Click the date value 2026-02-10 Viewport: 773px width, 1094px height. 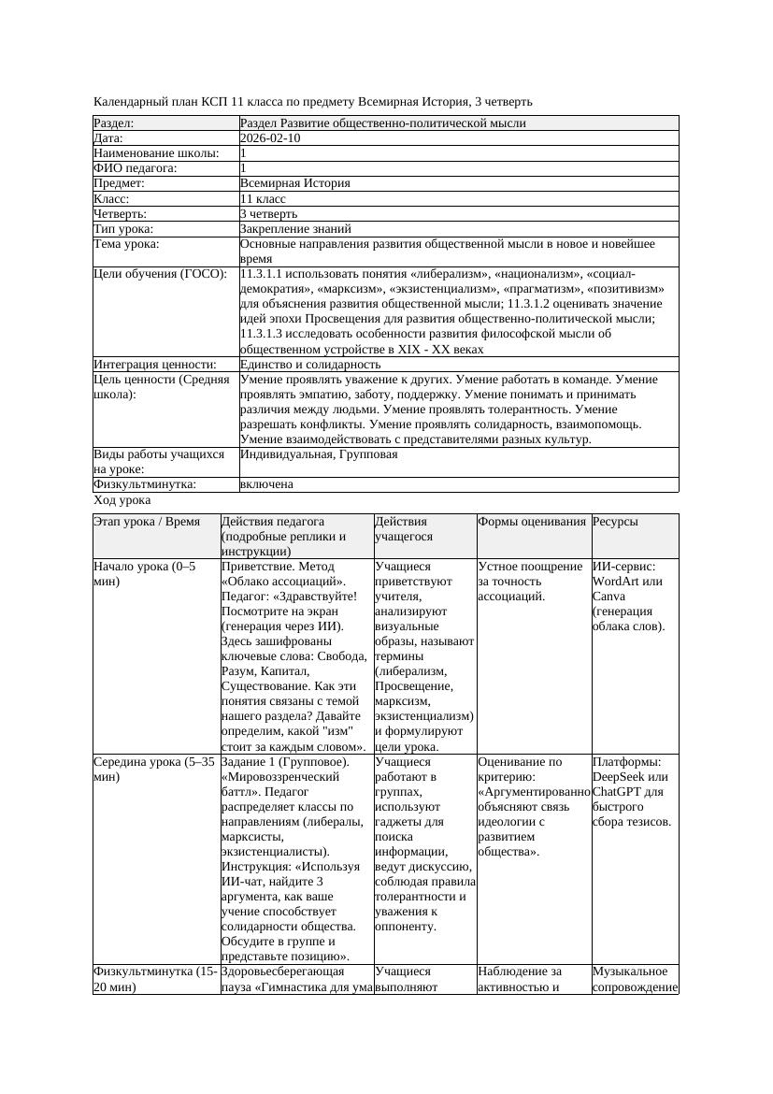tap(270, 138)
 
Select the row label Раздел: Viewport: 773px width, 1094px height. tap(114, 123)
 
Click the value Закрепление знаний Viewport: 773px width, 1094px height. tap(295, 229)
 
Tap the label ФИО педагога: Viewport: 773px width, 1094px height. tap(136, 168)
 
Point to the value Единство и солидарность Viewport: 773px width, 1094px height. tap(310, 365)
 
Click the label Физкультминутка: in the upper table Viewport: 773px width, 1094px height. tap(145, 484)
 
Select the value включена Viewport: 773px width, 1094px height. tap(266, 484)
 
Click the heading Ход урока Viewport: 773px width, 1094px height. tap(122, 500)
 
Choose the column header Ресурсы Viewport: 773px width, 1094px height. tap(615, 522)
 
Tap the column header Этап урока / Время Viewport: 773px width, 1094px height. tap(147, 522)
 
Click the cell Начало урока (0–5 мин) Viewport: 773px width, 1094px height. tap(145, 574)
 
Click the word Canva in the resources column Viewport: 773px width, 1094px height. tap(609, 597)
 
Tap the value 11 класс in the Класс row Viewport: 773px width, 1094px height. tap(263, 199)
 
